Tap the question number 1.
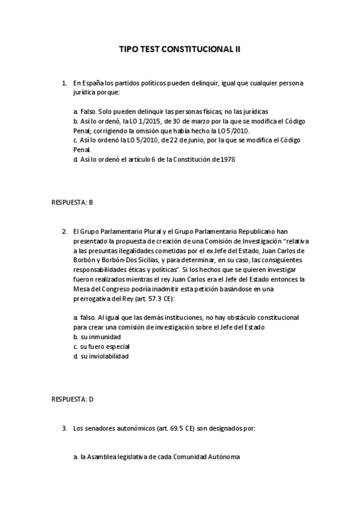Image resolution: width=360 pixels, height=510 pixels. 64,82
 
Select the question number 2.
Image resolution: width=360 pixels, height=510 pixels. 64,230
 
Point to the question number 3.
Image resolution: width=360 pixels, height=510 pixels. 64,428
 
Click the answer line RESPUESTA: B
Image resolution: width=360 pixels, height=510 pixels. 72,202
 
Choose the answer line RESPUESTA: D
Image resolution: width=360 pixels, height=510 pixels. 72,399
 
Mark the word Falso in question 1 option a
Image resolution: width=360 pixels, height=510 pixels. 88,111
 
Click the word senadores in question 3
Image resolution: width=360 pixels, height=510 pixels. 99,428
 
